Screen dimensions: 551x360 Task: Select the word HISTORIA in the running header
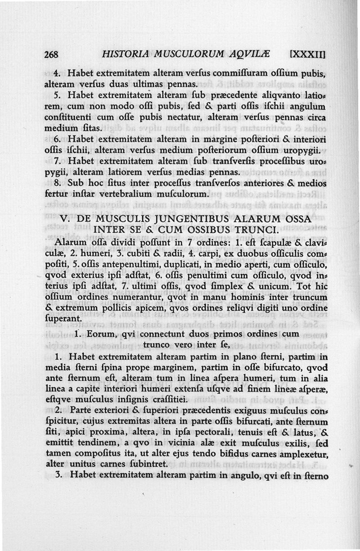123,55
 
